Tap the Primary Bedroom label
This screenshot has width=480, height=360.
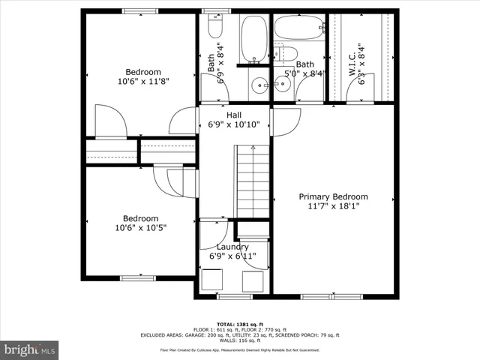(x=334, y=196)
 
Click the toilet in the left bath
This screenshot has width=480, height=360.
(x=214, y=28)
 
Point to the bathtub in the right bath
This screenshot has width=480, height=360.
(x=298, y=28)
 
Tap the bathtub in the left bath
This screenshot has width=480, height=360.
(x=253, y=37)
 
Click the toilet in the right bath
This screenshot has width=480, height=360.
(x=287, y=53)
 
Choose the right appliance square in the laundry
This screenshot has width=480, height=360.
(x=253, y=281)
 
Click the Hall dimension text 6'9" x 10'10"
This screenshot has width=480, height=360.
(x=234, y=124)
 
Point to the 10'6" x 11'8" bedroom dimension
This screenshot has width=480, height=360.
(x=142, y=81)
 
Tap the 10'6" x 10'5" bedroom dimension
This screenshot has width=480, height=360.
(x=141, y=227)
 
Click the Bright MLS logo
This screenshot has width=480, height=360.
(x=30, y=349)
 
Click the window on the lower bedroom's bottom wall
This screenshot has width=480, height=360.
(x=136, y=278)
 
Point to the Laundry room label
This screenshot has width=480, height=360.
(x=232, y=247)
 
